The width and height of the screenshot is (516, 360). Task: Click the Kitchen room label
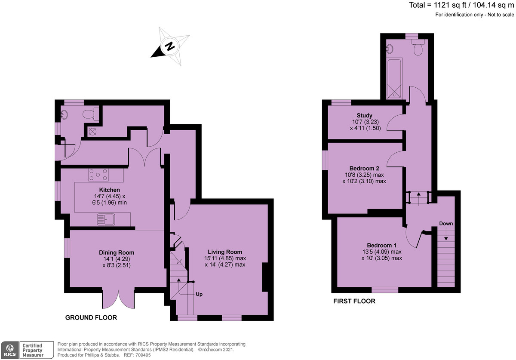(x=109, y=190)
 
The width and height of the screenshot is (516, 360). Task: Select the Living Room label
(x=224, y=252)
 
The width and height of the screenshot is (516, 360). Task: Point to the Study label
(x=364, y=115)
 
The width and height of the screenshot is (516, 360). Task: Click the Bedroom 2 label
(x=364, y=168)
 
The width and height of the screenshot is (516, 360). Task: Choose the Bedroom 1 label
(x=381, y=245)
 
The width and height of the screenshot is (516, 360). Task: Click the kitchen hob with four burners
(x=98, y=175)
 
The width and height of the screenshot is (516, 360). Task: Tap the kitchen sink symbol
(x=106, y=220)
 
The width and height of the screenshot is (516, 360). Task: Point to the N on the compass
(x=170, y=46)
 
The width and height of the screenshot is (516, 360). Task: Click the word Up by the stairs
(x=199, y=295)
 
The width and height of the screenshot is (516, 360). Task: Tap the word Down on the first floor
(x=445, y=224)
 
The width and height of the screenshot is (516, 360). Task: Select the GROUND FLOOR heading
(x=91, y=317)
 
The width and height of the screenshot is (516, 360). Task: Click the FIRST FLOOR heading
(x=354, y=301)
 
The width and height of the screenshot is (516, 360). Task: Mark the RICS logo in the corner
(x=10, y=350)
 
